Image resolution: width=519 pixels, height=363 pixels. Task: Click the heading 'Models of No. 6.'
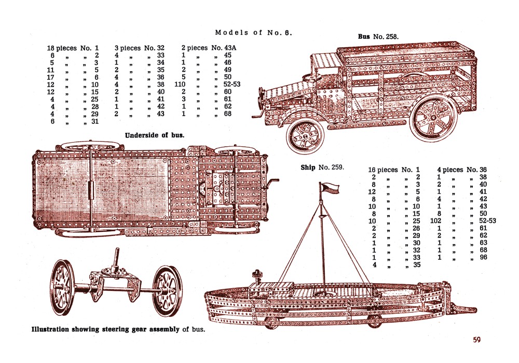click(254, 33)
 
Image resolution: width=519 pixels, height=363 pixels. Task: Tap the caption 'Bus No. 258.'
click(378, 37)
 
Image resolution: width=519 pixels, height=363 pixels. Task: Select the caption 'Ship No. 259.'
click(322, 167)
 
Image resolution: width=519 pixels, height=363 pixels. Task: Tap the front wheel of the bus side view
click(306, 134)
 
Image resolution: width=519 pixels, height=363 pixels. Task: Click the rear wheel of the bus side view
click(432, 120)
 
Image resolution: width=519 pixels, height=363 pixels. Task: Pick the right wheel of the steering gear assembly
click(168, 290)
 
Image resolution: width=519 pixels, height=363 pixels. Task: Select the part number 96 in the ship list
click(484, 257)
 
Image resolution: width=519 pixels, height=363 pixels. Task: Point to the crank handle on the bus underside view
click(274, 183)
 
